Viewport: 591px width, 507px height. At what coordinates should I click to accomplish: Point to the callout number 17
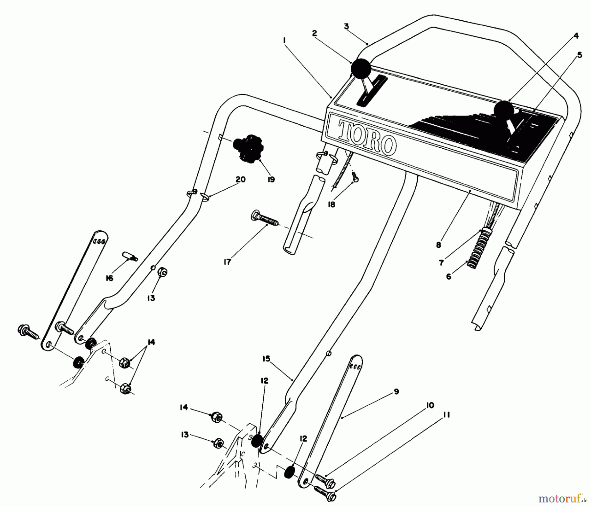[227, 262]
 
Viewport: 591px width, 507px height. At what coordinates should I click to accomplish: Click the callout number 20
[241, 180]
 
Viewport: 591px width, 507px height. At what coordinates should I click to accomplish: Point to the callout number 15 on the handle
[266, 359]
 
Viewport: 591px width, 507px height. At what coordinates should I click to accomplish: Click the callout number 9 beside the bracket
[396, 391]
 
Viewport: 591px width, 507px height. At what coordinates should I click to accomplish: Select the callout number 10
[430, 405]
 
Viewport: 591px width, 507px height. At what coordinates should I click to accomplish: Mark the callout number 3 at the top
[346, 26]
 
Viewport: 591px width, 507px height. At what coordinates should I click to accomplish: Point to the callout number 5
[579, 55]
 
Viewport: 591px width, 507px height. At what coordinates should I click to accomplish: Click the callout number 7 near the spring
[442, 263]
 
